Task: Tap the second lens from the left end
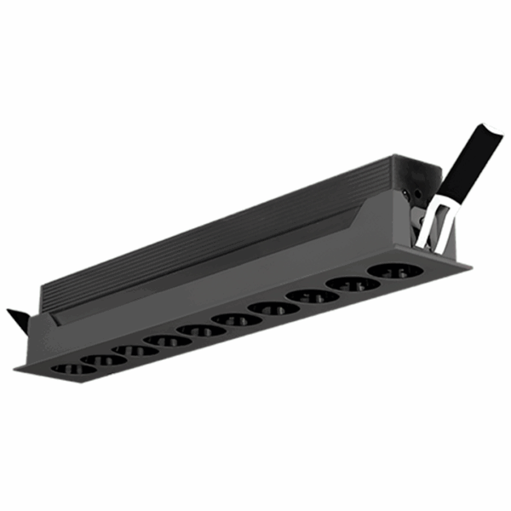coord(104,359)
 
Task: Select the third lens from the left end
coord(135,349)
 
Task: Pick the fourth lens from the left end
coord(167,340)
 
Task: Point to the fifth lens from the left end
coord(201,330)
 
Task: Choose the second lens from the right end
coord(352,284)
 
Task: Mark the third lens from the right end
coord(313,296)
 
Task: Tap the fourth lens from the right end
coord(274,307)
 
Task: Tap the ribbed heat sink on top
coord(221,230)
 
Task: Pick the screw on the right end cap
coord(418,196)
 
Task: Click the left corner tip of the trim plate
coord(14,369)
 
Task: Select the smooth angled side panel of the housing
coord(255,273)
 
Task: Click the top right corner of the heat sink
coord(393,156)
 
